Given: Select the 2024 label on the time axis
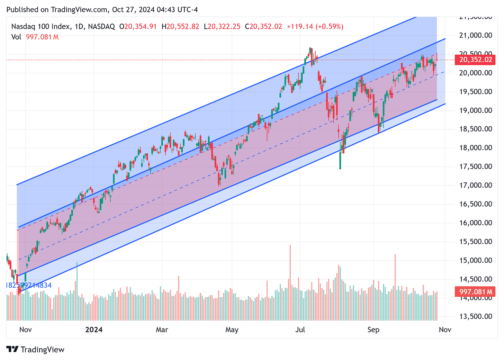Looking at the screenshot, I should tap(94, 330).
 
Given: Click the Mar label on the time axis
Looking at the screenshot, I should tap(162, 330).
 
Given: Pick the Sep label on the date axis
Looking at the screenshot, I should tap(373, 330).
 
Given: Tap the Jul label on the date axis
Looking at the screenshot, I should tap(300, 330).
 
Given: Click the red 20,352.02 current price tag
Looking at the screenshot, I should tap(476, 60).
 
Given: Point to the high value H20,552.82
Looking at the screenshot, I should tap(180, 27).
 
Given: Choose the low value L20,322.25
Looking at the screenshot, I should tap(222, 27).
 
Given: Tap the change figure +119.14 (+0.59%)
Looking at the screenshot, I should tap(315, 27).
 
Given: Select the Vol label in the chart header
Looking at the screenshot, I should tap(16, 37).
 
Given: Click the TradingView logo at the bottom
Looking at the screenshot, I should tap(35, 350).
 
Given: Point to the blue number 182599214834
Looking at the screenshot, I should tap(29, 286).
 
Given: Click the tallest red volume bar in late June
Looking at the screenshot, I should tap(290, 282).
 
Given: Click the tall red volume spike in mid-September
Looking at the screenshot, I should tap(395, 287).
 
